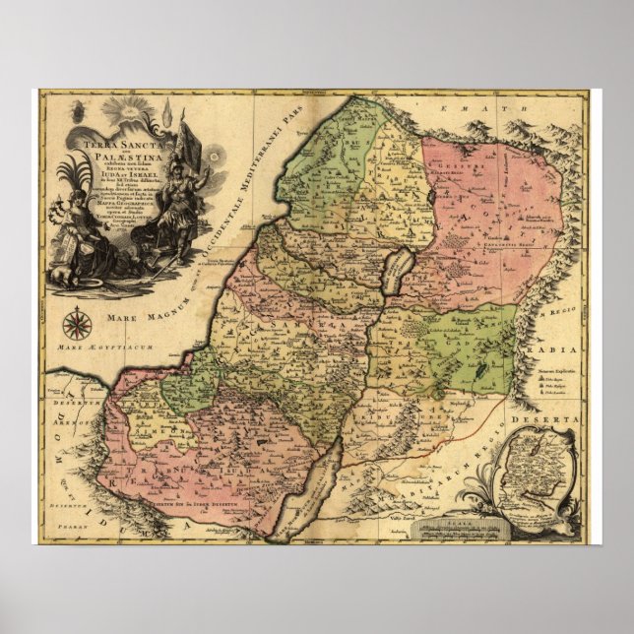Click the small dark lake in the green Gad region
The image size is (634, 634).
tap(475, 374)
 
